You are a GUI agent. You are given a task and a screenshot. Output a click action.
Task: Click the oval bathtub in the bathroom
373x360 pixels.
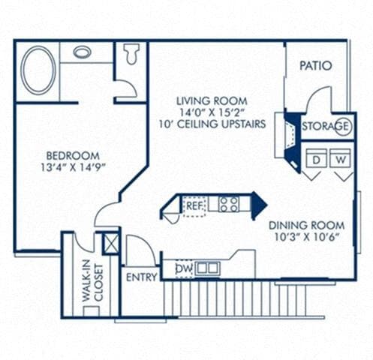coord(38,70)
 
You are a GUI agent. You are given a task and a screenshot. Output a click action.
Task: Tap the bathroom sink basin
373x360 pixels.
coord(83,52)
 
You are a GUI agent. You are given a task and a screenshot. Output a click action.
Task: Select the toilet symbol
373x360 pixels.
coord(132,53)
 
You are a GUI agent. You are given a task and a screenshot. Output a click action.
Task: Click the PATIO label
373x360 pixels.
coord(316,66)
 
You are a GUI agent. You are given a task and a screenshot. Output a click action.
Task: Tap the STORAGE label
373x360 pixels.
coord(326,126)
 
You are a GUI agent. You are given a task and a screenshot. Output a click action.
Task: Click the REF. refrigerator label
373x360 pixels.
coord(194,204)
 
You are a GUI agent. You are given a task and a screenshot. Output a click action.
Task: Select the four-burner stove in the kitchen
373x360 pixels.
coord(229,203)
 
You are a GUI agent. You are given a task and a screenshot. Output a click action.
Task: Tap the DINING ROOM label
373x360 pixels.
coord(306,225)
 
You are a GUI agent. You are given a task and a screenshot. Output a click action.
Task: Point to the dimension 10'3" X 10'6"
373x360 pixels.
coord(306,238)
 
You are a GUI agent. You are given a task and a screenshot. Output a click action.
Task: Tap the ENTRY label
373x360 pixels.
coord(142,277)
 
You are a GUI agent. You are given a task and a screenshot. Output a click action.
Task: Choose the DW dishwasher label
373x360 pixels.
coord(183,268)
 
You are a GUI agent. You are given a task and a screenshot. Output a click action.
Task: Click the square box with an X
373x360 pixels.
coord(110,243)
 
